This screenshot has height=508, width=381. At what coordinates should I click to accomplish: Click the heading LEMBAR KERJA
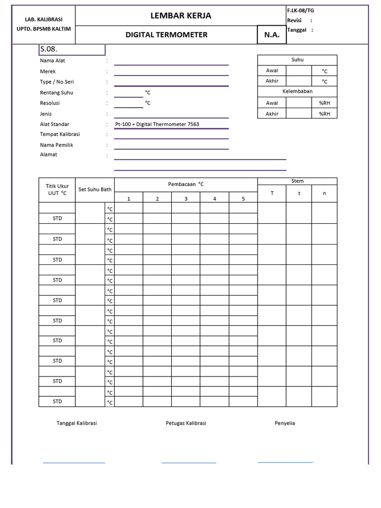tap(181, 16)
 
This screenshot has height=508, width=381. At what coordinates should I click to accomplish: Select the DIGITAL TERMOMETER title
tap(167, 35)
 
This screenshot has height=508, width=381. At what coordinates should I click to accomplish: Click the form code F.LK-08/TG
tap(300, 10)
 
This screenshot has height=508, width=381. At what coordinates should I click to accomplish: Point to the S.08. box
tap(72, 50)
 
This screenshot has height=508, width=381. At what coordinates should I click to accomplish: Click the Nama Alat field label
tap(53, 61)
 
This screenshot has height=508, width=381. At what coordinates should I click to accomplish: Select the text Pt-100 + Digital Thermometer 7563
tap(157, 124)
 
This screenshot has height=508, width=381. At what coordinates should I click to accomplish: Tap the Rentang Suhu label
tap(57, 93)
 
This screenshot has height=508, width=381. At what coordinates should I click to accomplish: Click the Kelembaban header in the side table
tap(297, 92)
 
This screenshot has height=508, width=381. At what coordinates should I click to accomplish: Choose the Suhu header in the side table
tap(297, 60)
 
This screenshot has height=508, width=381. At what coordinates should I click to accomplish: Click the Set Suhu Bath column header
tap(95, 189)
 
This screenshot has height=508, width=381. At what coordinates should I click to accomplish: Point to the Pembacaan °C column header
tap(186, 184)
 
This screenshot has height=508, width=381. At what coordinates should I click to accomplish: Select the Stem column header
tap(297, 181)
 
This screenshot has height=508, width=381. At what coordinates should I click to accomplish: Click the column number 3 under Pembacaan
tap(186, 199)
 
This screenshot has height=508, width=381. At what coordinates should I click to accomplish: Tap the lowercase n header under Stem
tap(324, 193)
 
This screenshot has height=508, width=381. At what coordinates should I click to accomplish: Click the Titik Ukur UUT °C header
tap(57, 190)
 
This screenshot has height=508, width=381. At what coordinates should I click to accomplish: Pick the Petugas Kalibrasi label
tap(186, 423)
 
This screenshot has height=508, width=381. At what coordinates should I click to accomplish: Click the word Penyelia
tap(285, 423)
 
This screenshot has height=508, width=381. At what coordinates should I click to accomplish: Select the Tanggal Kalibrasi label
tap(76, 423)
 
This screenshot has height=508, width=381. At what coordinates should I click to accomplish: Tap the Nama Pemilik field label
tap(57, 145)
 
